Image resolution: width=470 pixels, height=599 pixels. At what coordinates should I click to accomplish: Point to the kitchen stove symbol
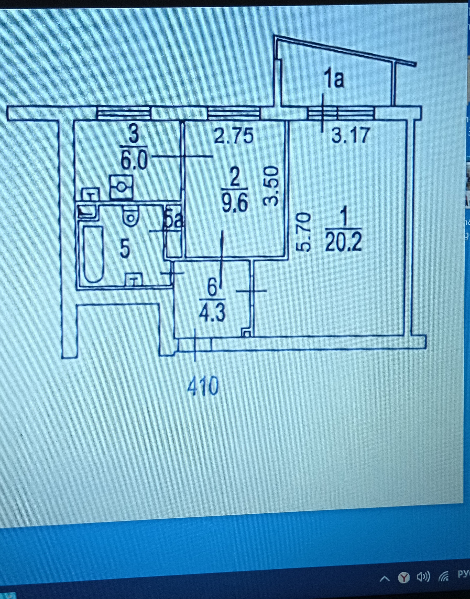click(x=121, y=187)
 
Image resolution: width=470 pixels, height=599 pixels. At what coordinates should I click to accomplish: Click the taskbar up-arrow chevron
click(x=385, y=578)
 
